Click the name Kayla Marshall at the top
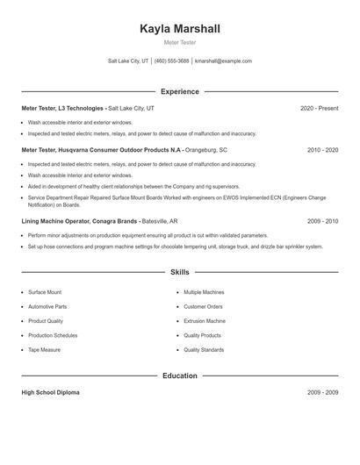(x=180, y=29)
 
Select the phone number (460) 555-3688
(x=172, y=61)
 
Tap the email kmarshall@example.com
(x=223, y=61)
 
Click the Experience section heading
(x=180, y=91)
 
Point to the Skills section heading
(x=180, y=273)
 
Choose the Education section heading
(x=180, y=376)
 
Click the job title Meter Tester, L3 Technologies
(x=63, y=108)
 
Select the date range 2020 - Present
(x=319, y=108)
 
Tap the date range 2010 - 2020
(x=322, y=150)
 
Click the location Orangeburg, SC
(x=206, y=150)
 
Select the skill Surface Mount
(x=45, y=291)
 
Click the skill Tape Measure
(x=44, y=350)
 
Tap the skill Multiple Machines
(x=204, y=291)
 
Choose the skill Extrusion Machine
(x=205, y=321)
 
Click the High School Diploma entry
(x=50, y=392)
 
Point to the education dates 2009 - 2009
(x=322, y=392)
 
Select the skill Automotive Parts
(x=47, y=306)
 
